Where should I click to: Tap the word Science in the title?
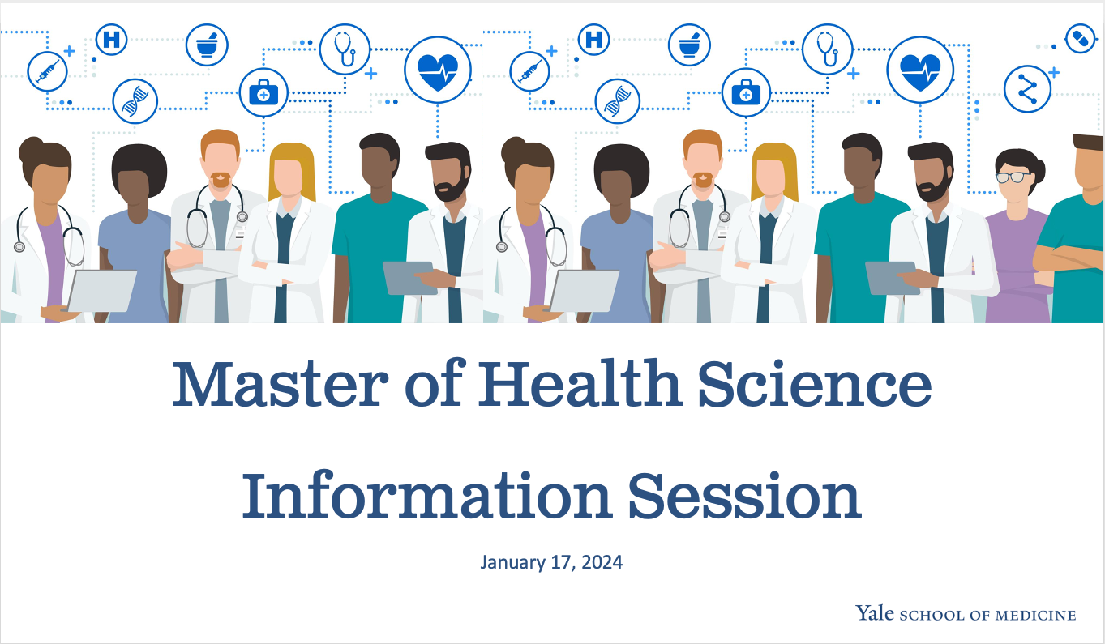814,385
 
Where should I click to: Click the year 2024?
601,561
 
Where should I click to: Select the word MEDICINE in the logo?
1036,615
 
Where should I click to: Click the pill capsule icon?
1080,38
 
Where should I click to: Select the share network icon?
1027,88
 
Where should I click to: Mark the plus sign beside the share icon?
1054,72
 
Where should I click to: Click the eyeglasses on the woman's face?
1014,177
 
